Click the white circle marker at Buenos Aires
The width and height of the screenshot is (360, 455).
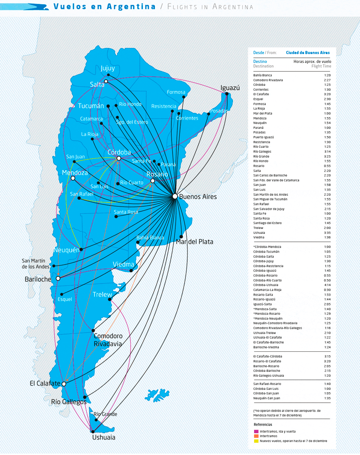click(175, 196)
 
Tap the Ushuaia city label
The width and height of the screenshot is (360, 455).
click(103, 437)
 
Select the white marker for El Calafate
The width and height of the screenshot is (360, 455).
click(64, 384)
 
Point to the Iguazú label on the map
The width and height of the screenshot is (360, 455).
click(230, 88)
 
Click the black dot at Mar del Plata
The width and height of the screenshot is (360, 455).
click(181, 237)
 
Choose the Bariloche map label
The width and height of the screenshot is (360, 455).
click(38, 279)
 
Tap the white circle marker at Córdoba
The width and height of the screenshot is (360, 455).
click(119, 158)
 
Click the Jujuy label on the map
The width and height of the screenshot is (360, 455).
click(108, 68)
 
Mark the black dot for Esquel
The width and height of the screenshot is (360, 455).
click(62, 294)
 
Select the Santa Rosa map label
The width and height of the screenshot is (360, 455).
click(126, 212)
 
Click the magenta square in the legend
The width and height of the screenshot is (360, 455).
click(256, 431)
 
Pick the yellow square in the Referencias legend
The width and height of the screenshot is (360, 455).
click(256, 441)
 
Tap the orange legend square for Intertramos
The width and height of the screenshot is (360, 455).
click(256, 436)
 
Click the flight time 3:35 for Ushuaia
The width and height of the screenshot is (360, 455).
click(327, 233)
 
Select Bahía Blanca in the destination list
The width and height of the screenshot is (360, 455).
click(263, 75)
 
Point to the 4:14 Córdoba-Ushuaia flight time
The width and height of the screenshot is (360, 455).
click(327, 285)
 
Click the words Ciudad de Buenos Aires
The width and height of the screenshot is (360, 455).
click(308, 53)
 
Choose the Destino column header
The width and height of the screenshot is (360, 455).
click(260, 61)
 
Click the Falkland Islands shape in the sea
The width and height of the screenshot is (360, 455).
click(158, 395)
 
